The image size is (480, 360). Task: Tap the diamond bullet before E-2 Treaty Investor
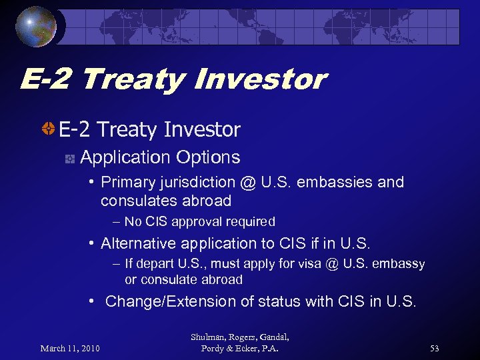48,129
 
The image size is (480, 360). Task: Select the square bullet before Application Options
69,159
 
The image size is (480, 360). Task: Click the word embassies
340,183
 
